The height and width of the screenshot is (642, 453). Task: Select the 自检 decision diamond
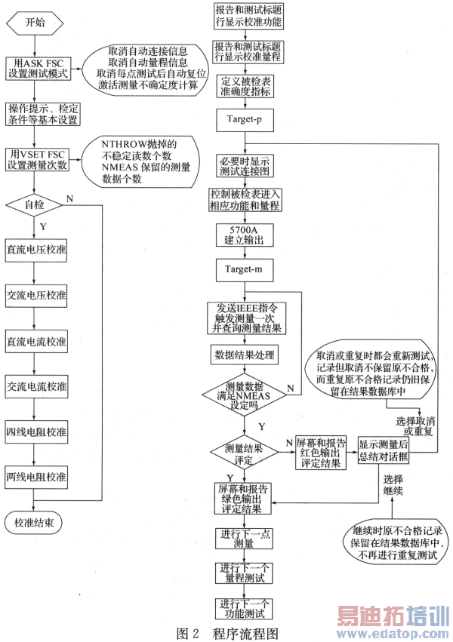point(35,204)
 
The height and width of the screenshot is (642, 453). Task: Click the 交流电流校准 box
point(35,387)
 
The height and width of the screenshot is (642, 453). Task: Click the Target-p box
point(243,120)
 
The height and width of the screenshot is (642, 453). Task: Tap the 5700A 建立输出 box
point(243,234)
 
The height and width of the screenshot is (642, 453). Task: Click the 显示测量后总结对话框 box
point(384,450)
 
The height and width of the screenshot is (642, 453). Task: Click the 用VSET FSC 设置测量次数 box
point(35,159)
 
